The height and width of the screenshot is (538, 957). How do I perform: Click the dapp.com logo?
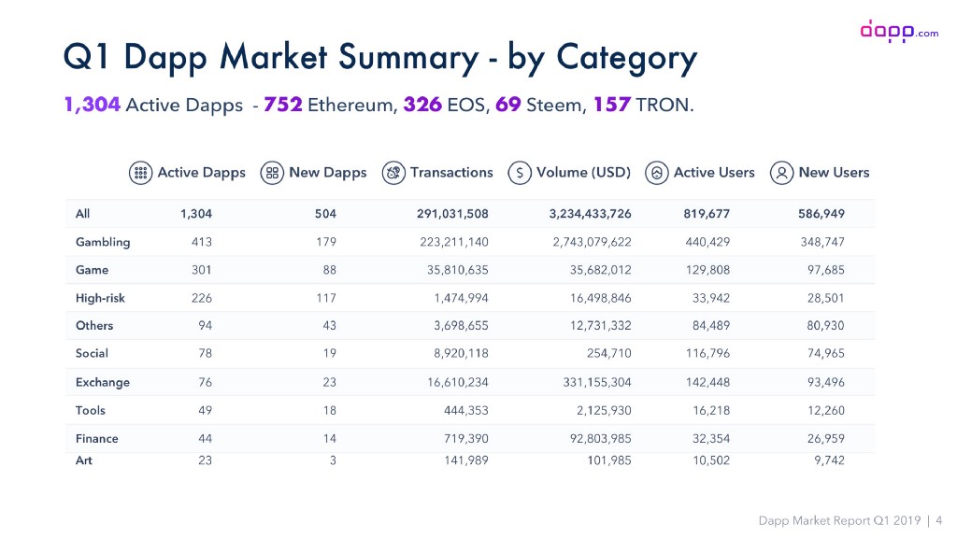click(898, 32)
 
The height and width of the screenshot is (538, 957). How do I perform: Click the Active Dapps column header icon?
click(140, 173)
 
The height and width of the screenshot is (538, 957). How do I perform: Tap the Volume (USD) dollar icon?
click(520, 173)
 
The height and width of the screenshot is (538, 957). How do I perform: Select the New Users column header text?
click(834, 173)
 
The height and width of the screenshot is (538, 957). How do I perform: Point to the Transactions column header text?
click(451, 173)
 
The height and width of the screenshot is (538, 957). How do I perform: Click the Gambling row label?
click(103, 242)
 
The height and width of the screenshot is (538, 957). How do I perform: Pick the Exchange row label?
click(103, 382)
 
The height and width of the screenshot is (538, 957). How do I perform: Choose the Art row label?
click(84, 460)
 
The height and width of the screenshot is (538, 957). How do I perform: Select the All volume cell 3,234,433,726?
click(590, 214)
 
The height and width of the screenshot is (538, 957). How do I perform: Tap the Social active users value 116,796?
click(707, 354)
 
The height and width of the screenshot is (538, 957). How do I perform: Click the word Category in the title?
click(626, 58)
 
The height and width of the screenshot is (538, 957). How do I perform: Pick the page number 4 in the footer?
click(938, 519)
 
